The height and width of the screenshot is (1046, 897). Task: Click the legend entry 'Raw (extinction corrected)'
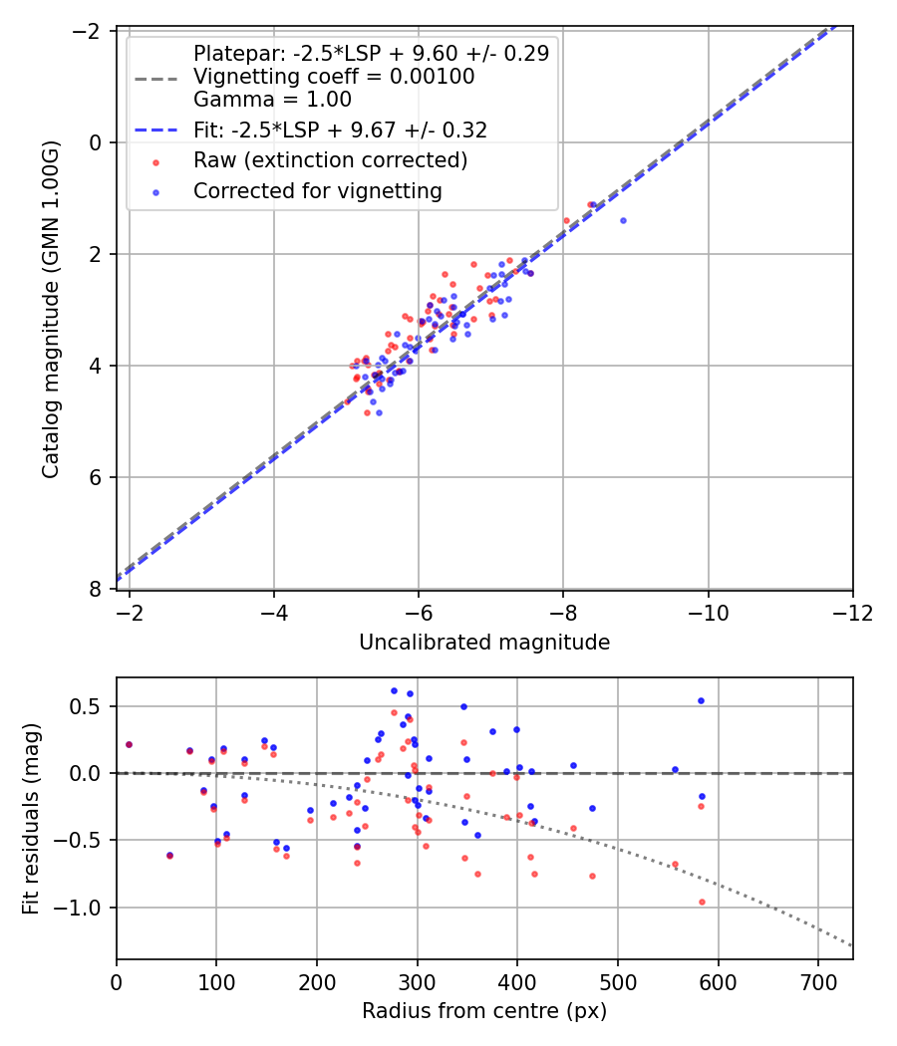pyautogui.click(x=331, y=160)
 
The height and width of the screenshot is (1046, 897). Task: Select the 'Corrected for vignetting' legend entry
pyautogui.click(x=318, y=190)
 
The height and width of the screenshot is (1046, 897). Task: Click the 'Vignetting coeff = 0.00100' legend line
pyautogui.click(x=334, y=77)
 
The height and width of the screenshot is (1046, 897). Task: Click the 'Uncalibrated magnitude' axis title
pyautogui.click(x=484, y=643)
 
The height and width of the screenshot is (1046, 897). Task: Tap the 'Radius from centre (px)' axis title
pyautogui.click(x=484, y=1011)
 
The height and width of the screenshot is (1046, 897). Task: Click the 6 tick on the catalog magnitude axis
pyautogui.click(x=96, y=477)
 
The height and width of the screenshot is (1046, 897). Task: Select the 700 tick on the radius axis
pyautogui.click(x=817, y=981)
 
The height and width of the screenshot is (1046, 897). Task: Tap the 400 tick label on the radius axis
pyautogui.click(x=517, y=981)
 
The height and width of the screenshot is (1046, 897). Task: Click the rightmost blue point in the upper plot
pyautogui.click(x=623, y=220)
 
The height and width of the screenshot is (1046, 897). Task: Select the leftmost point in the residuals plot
pyautogui.click(x=129, y=744)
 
